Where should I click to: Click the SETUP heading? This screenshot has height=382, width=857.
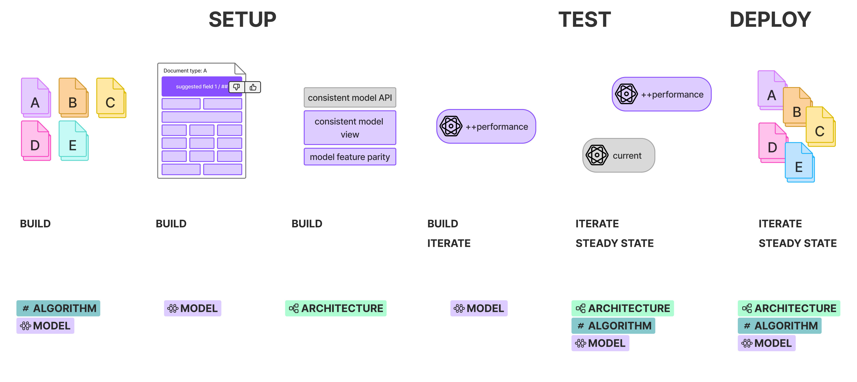[242, 19]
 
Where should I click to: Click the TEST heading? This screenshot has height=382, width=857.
[584, 19]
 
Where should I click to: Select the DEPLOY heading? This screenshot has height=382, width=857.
[770, 19]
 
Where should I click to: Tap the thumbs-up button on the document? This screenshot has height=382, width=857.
[253, 87]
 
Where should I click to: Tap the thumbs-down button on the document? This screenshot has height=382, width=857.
[237, 87]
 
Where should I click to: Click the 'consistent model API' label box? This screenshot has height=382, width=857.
[350, 98]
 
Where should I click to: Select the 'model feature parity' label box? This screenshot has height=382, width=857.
[350, 157]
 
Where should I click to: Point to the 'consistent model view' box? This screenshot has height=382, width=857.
[350, 128]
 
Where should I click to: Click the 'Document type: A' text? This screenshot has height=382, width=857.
[185, 71]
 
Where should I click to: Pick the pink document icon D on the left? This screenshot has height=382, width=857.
[35, 141]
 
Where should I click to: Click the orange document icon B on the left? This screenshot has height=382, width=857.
[73, 98]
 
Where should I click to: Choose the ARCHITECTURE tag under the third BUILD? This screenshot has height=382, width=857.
[336, 308]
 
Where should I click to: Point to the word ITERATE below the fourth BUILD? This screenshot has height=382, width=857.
[449, 243]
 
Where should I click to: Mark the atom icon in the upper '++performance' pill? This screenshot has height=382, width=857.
[626, 94]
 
